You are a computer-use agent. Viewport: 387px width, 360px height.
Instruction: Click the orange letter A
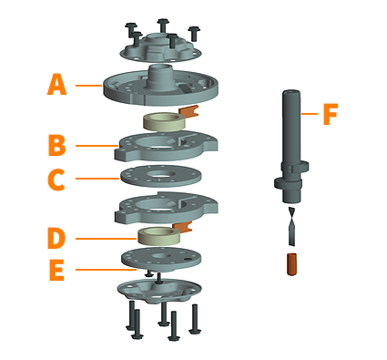pyautogui.click(x=56, y=85)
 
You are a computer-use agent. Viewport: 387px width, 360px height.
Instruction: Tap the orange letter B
pyautogui.click(x=57, y=145)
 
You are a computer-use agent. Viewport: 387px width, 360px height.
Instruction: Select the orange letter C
pyautogui.click(x=56, y=180)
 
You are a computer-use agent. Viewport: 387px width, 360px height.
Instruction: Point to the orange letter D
pyautogui.click(x=56, y=239)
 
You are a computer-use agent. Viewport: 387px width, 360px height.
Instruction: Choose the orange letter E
pyautogui.click(x=56, y=270)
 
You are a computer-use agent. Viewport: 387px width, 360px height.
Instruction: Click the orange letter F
pyautogui.click(x=331, y=114)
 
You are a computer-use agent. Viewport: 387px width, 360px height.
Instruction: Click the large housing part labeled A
pyautogui.click(x=160, y=87)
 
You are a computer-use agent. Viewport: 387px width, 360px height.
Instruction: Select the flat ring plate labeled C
pyautogui.click(x=161, y=177)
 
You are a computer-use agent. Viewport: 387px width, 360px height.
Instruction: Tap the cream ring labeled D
pyautogui.click(x=159, y=236)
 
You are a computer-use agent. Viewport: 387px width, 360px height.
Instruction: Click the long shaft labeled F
pyautogui.click(x=291, y=146)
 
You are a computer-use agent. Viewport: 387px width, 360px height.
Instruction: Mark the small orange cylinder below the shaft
pyautogui.click(x=291, y=264)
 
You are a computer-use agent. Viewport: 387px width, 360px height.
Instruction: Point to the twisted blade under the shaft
pyautogui.click(x=291, y=226)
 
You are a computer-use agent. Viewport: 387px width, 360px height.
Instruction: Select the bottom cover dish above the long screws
pyautogui.click(x=159, y=291)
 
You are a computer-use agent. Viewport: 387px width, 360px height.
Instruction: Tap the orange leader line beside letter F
pyautogui.click(x=310, y=114)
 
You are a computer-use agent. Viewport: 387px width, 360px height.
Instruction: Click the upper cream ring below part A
pyautogui.click(x=165, y=122)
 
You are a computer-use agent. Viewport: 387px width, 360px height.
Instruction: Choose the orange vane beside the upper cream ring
pyautogui.click(x=189, y=110)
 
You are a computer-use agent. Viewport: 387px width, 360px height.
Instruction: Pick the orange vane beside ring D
pyautogui.click(x=183, y=227)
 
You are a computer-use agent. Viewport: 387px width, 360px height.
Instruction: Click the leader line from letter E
pyautogui.click(x=106, y=270)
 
